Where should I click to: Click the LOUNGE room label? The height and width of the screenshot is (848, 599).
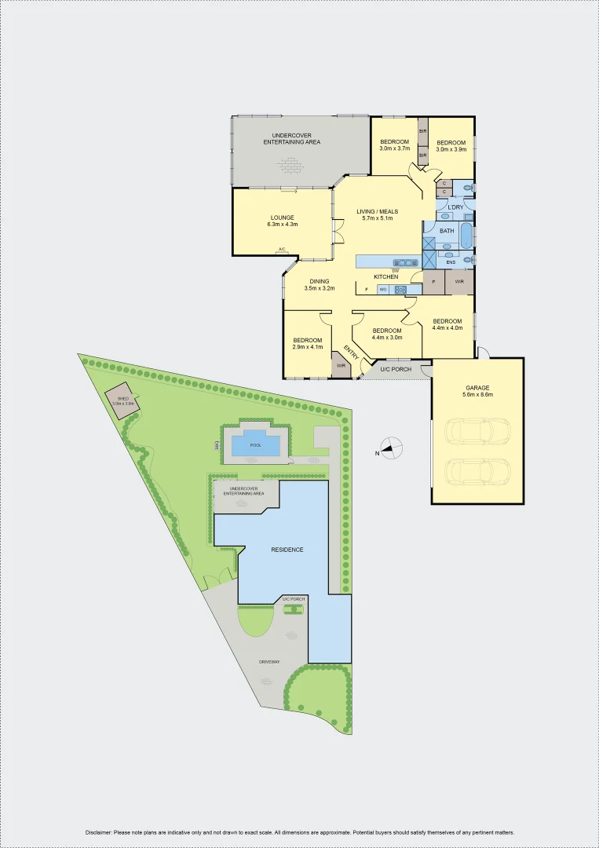pos(282,217)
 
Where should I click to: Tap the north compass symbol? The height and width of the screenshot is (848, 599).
pos(393,448)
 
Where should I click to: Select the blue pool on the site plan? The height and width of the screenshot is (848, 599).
pos(255,445)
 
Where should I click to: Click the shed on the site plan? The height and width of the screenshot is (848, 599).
pos(122,400)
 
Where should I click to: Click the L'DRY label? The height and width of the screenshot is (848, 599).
pos(455,207)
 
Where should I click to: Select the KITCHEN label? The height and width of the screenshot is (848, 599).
pos(385,277)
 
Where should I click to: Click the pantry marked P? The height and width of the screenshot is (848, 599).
pos(433,280)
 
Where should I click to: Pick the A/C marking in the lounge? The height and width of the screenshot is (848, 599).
pos(282,250)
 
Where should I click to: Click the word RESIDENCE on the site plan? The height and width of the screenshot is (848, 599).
pos(287,550)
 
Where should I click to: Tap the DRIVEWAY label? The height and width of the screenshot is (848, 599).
pos(269,663)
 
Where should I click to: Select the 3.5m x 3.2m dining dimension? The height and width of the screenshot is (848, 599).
pos(320,289)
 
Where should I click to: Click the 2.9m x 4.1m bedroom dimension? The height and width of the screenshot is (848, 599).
pos(307,347)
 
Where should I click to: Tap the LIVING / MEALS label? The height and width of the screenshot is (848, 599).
pos(378,211)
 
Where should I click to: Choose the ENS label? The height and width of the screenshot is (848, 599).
pos(451,262)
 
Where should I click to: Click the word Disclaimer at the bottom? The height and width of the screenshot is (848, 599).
pos(99,832)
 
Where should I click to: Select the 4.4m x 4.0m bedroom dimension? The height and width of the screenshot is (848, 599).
pos(447,328)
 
